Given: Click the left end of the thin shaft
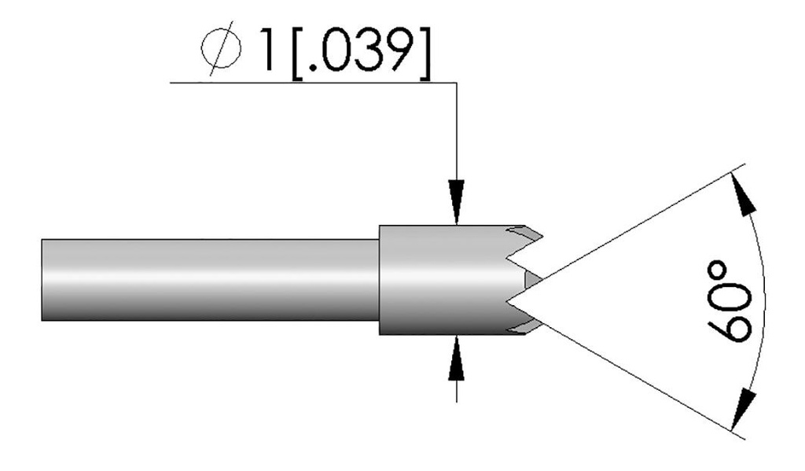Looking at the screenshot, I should (44, 279).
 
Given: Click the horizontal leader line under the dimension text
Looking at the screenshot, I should (314, 81).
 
